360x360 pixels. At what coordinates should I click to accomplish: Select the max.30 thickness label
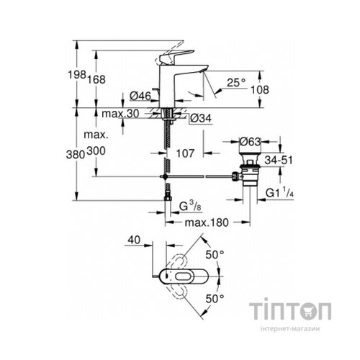(121, 114)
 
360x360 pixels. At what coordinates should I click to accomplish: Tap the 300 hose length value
(96, 150)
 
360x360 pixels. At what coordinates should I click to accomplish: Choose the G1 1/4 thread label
(279, 194)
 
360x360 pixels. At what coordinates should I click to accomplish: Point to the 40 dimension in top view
(132, 241)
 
